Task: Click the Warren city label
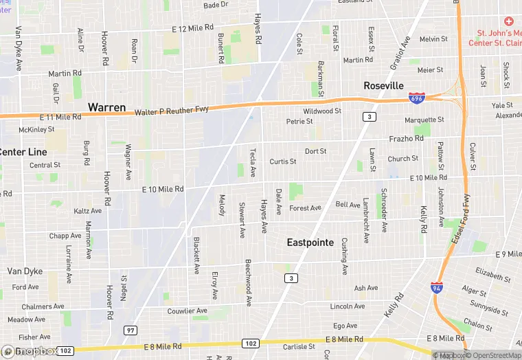[x=106, y=107]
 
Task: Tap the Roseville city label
[x=383, y=86]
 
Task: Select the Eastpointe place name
[x=310, y=243]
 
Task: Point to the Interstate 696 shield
[x=416, y=99]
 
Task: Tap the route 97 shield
[x=130, y=330]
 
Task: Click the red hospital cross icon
[x=508, y=21]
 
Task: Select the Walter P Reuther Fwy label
[x=171, y=111]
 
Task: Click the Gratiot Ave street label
[x=400, y=53]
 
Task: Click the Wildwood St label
[x=322, y=111]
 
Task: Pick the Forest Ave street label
[x=305, y=208]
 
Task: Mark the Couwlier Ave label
[x=187, y=311]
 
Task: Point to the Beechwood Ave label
[x=248, y=282]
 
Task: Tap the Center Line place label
[x=23, y=152]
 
